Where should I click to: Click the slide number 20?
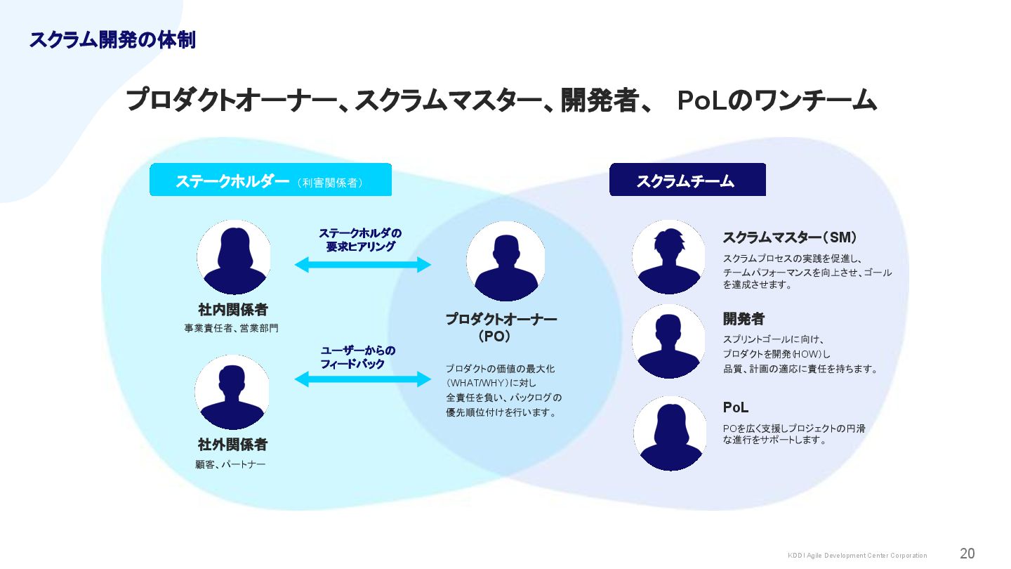tap(967, 554)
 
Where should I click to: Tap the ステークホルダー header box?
tap(270, 180)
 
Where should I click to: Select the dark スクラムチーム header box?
tap(687, 180)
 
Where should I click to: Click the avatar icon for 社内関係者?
tap(233, 257)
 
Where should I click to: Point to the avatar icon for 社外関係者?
tap(232, 392)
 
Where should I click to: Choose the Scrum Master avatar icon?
tap(668, 257)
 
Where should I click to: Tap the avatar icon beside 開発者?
tap(668, 341)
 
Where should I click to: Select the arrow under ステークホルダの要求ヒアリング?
tap(362, 265)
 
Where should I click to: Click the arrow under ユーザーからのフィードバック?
tap(362, 379)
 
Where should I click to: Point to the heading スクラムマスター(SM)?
tap(789, 237)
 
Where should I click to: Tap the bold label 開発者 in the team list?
tap(744, 319)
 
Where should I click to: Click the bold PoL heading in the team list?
tap(736, 407)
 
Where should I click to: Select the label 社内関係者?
tap(233, 310)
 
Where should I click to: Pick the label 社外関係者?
tap(233, 445)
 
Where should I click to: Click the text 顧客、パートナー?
tap(231, 464)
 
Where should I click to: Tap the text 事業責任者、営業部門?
tap(232, 328)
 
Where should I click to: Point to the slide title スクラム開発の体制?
tap(112, 40)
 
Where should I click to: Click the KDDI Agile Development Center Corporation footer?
tap(857, 556)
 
